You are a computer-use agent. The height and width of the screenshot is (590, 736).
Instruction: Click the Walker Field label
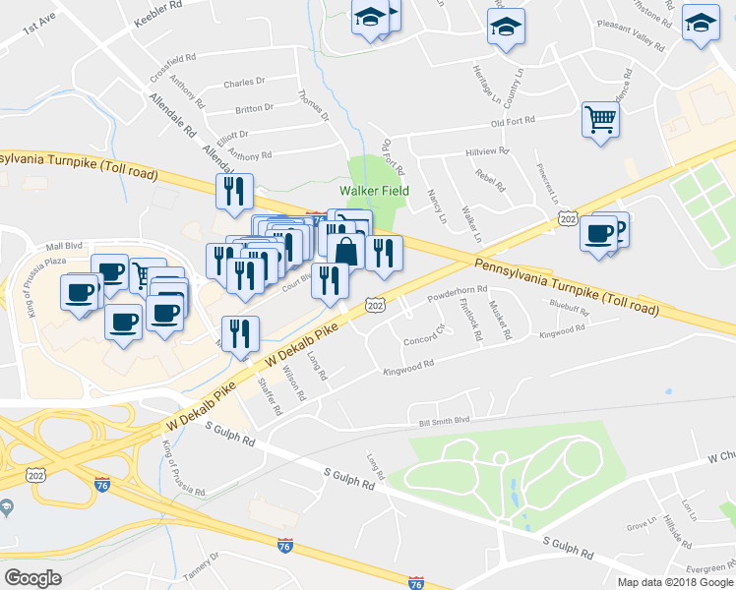[374, 191]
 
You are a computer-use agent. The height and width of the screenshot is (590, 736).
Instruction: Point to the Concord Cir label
[425, 341]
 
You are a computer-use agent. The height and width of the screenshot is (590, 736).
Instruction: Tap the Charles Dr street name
[245, 84]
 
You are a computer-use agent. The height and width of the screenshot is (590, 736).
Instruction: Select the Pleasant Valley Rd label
[637, 40]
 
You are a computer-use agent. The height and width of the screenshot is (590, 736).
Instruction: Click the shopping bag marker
[345, 250]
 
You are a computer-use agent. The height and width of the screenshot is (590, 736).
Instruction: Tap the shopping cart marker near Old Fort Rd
[599, 120]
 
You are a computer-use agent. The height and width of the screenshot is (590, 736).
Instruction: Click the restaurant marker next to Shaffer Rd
[240, 334]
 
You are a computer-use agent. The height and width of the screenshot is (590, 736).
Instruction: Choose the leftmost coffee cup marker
[80, 291]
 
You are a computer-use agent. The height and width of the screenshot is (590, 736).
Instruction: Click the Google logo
[32, 578]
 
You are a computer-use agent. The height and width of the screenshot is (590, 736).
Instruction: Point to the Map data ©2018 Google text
[668, 582]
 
